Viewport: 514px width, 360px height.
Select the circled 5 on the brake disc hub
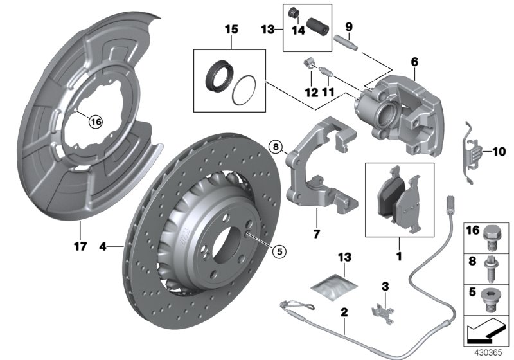coord(278,252)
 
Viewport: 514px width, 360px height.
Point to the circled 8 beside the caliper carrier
coord(276,147)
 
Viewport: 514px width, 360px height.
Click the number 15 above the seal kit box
coord(231,30)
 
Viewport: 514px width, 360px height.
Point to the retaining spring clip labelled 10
coord(472,153)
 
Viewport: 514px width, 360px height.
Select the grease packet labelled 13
coord(334,287)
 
